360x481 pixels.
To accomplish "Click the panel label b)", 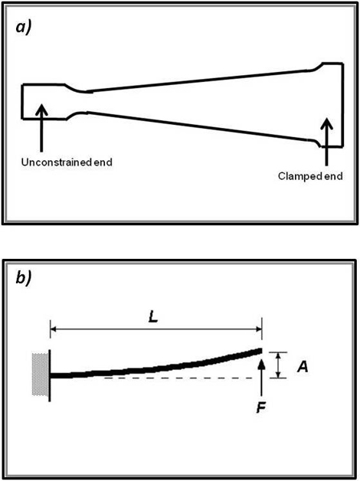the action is pos(23,279).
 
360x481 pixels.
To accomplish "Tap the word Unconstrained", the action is pos(57,162).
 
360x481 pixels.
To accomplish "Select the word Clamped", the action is pos(298,176).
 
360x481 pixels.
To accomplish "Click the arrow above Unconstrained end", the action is pos(41,128).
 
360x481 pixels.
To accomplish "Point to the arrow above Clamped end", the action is pos(327,142).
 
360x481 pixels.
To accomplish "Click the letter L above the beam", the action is pos(152,318).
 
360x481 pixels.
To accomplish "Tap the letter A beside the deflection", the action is pos(303,366).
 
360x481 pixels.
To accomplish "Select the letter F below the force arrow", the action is pos(261,407).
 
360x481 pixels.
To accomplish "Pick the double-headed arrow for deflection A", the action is pos(278,365).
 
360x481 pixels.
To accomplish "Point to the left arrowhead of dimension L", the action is pos(54,329).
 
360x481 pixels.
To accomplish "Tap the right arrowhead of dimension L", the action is pos(258,329).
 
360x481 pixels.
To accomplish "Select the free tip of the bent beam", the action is pos(261,351).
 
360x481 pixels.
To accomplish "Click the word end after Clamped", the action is pos(332,176).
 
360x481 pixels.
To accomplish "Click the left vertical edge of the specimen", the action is pos(22,101).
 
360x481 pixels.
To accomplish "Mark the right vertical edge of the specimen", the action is pos(342,105).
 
